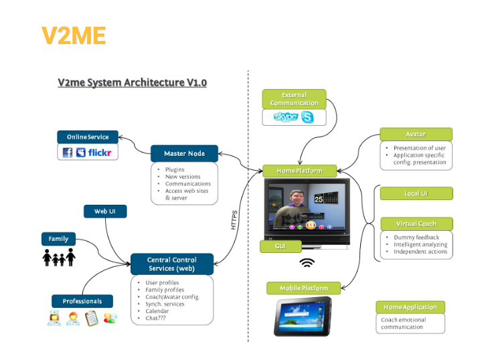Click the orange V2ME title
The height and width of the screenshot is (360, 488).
pyautogui.click(x=74, y=35)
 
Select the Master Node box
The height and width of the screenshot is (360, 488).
pyautogui.click(x=185, y=153)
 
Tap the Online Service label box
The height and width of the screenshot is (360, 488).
pyautogui.click(x=88, y=137)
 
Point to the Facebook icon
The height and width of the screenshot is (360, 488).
pyautogui.click(x=67, y=153)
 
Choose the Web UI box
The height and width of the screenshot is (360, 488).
pyautogui.click(x=105, y=211)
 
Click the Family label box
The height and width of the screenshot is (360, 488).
pyautogui.click(x=58, y=239)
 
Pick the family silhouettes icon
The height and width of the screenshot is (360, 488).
pyautogui.click(x=59, y=258)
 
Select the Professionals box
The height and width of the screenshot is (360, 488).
pyautogui.click(x=82, y=301)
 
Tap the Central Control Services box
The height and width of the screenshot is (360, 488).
pyautogui.click(x=171, y=264)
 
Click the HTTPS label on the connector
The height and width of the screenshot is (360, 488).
pyautogui.click(x=234, y=220)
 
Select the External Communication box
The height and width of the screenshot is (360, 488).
pyautogui.click(x=294, y=99)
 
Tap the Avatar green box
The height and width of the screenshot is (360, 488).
pyautogui.click(x=416, y=134)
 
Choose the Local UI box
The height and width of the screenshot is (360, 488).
pyautogui.click(x=416, y=193)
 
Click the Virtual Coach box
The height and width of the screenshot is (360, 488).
pyautogui.click(x=416, y=223)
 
